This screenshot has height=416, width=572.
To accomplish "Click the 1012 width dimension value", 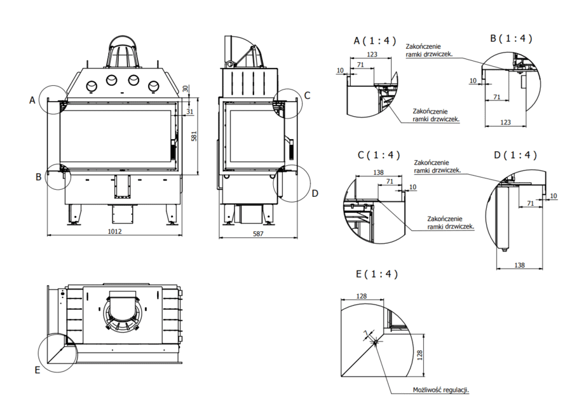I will [x=114, y=231].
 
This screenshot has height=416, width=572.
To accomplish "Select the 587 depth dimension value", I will [x=257, y=234].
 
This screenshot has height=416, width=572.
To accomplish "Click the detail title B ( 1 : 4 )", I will [x=511, y=38].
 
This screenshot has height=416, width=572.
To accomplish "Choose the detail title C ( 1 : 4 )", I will [x=379, y=155].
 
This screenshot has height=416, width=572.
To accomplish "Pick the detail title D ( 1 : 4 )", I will [x=515, y=155].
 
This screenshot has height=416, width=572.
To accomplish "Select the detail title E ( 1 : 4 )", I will [x=376, y=274].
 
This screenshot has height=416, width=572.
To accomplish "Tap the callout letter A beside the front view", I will [x=32, y=100].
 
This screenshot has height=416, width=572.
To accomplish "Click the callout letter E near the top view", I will [x=37, y=370].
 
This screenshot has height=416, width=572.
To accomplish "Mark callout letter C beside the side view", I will [x=306, y=96].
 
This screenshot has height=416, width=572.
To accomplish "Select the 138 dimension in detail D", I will [x=519, y=265].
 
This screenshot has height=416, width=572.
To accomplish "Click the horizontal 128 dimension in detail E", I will [x=362, y=296].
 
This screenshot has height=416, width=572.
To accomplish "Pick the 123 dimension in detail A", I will [x=372, y=55].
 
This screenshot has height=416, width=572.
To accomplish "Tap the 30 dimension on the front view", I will [x=186, y=89].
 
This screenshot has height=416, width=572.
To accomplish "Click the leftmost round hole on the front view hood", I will [x=91, y=86].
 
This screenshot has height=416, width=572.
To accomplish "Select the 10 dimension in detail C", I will [x=413, y=187].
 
